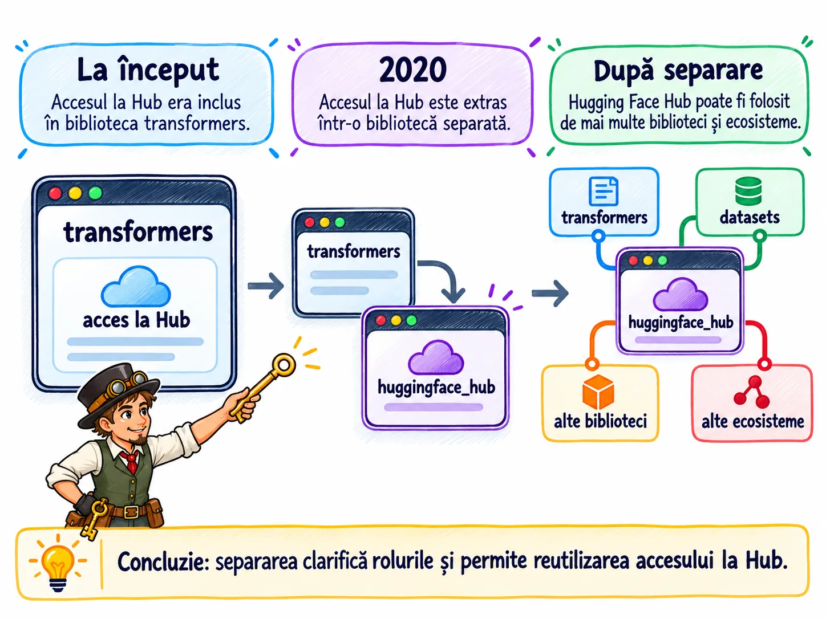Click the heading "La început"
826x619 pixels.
pos(148,70)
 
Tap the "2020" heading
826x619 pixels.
pos(413,70)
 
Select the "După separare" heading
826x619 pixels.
pos(678,70)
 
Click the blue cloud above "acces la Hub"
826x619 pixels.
pos(136,286)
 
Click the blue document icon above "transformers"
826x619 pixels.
pos(603,191)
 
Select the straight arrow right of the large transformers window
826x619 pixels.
pos(265,286)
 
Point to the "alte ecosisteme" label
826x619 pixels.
pos(752,421)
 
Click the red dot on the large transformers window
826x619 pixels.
pos(55,193)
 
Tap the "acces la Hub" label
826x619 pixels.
pos(136,320)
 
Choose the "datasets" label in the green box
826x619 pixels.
pos(750,217)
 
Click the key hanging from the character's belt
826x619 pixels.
pos(92,519)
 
